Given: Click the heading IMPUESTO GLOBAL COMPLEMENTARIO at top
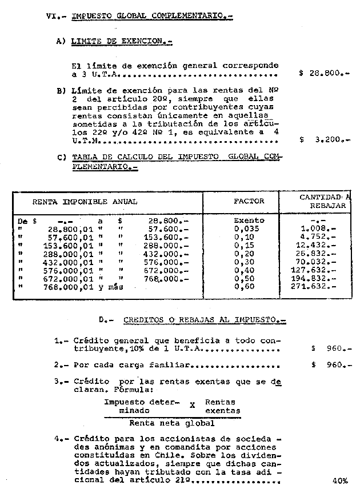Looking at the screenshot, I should (152, 17).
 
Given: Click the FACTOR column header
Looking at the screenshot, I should (249, 201).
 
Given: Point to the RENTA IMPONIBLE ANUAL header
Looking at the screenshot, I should (85, 202).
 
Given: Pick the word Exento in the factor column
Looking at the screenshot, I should (249, 220).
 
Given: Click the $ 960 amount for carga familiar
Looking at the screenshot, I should (331, 364).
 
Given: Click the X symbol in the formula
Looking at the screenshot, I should (193, 406).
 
